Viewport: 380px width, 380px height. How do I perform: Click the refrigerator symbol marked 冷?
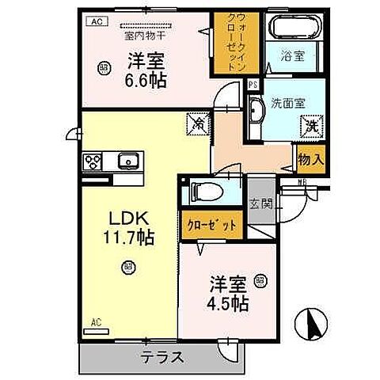(x=196, y=123)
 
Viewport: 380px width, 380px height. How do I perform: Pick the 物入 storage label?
(x=310, y=159)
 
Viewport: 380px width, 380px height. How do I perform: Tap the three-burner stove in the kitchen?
(x=90, y=161)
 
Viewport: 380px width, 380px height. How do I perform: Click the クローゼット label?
(x=210, y=226)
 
